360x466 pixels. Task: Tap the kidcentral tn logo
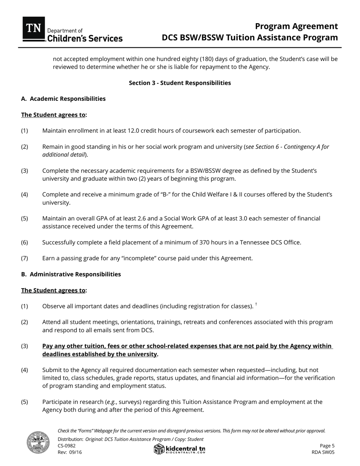tap(180, 449)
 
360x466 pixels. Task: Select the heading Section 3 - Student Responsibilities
tap(180, 83)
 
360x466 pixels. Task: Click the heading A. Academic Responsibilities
tap(63, 99)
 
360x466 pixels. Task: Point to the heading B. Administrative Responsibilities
tap(71, 274)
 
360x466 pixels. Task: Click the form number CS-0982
tap(67, 446)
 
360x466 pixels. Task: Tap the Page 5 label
tap(327, 446)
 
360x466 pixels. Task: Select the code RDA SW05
tap(323, 452)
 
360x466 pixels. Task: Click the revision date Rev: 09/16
tap(70, 452)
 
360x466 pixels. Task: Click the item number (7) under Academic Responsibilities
tap(25, 258)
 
